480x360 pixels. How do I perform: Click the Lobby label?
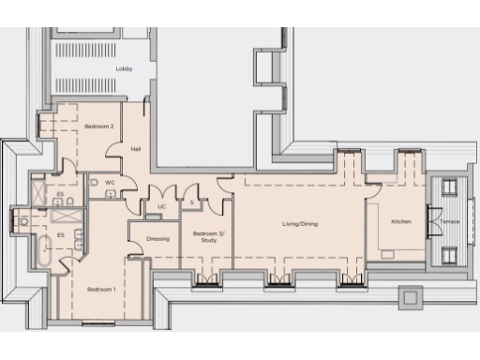click(x=124, y=69)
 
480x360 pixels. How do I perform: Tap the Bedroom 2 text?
click(x=99, y=126)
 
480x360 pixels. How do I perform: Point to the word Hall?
click(x=136, y=149)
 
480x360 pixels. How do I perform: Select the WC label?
click(x=110, y=182)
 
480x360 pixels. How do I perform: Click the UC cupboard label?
click(x=161, y=206)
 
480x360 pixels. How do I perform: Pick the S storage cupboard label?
click(x=191, y=202)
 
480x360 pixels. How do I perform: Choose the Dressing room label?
click(x=158, y=239)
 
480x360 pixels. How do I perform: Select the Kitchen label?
click(x=401, y=221)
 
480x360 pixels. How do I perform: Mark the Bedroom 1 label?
click(x=100, y=289)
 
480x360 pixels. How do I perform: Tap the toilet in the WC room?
click(x=96, y=182)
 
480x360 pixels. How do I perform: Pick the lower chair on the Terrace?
click(x=448, y=253)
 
